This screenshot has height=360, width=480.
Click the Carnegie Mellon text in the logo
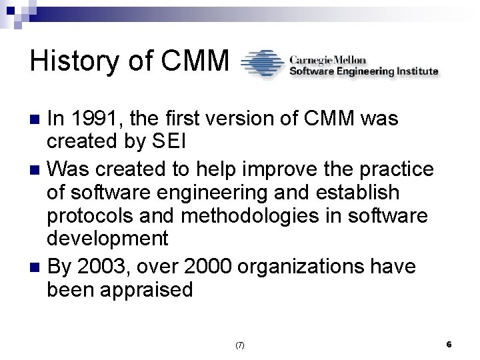point(327,58)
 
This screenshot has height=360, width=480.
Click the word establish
point(360,193)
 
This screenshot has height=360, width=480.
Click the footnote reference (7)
point(239,345)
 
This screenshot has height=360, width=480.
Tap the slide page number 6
point(449,344)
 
